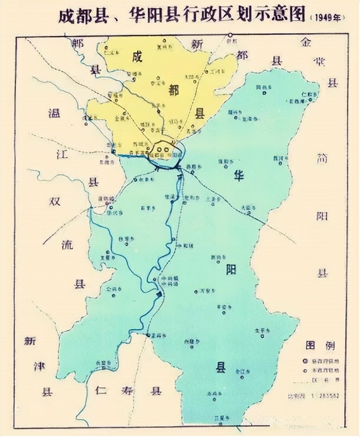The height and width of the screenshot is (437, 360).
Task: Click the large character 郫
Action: (80, 43)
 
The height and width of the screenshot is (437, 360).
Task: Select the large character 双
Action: (55, 201)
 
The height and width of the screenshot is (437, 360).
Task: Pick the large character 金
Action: (305, 42)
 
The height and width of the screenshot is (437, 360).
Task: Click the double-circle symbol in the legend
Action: (305, 360)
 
